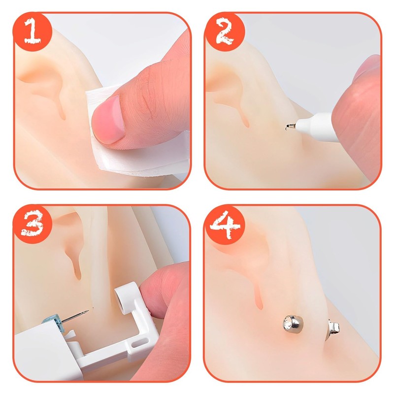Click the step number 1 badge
click(34, 33)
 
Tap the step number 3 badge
click(34, 224)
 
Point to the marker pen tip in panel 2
click(288, 129)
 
